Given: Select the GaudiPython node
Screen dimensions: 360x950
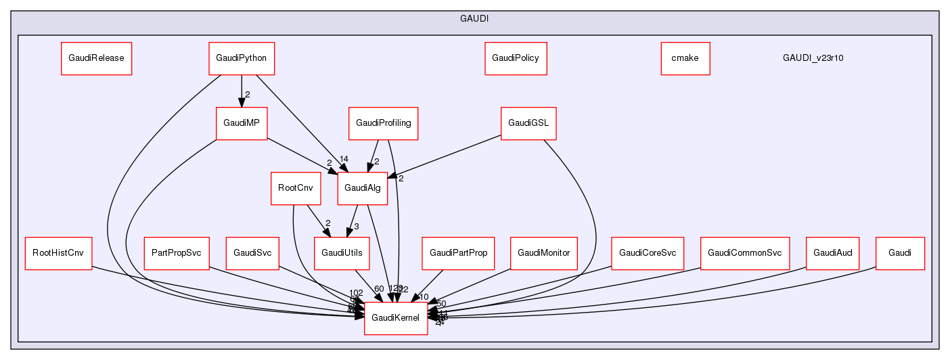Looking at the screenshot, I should tap(241, 58).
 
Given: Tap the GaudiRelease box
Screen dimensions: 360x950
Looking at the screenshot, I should tap(96, 58).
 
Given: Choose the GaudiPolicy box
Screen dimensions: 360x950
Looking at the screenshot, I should tap(516, 58).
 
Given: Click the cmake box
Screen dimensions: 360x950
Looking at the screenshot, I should tap(685, 58).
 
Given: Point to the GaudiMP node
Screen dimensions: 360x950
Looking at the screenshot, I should tap(241, 123).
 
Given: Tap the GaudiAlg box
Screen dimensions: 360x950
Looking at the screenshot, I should tap(363, 188).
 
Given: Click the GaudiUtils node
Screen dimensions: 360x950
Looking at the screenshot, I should tap(342, 253).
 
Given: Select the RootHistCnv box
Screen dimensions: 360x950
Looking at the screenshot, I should tap(58, 253).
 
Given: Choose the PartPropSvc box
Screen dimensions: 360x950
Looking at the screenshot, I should tap(177, 253).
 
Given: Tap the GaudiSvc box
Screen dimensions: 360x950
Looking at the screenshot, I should tap(252, 253).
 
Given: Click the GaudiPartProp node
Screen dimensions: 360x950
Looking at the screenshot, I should tap(458, 253).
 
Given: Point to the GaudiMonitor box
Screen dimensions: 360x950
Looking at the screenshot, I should tap(543, 253).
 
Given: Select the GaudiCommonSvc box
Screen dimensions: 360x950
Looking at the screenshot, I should tap(744, 253).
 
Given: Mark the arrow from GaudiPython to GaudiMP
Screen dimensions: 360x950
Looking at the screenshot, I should tap(241, 91).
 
